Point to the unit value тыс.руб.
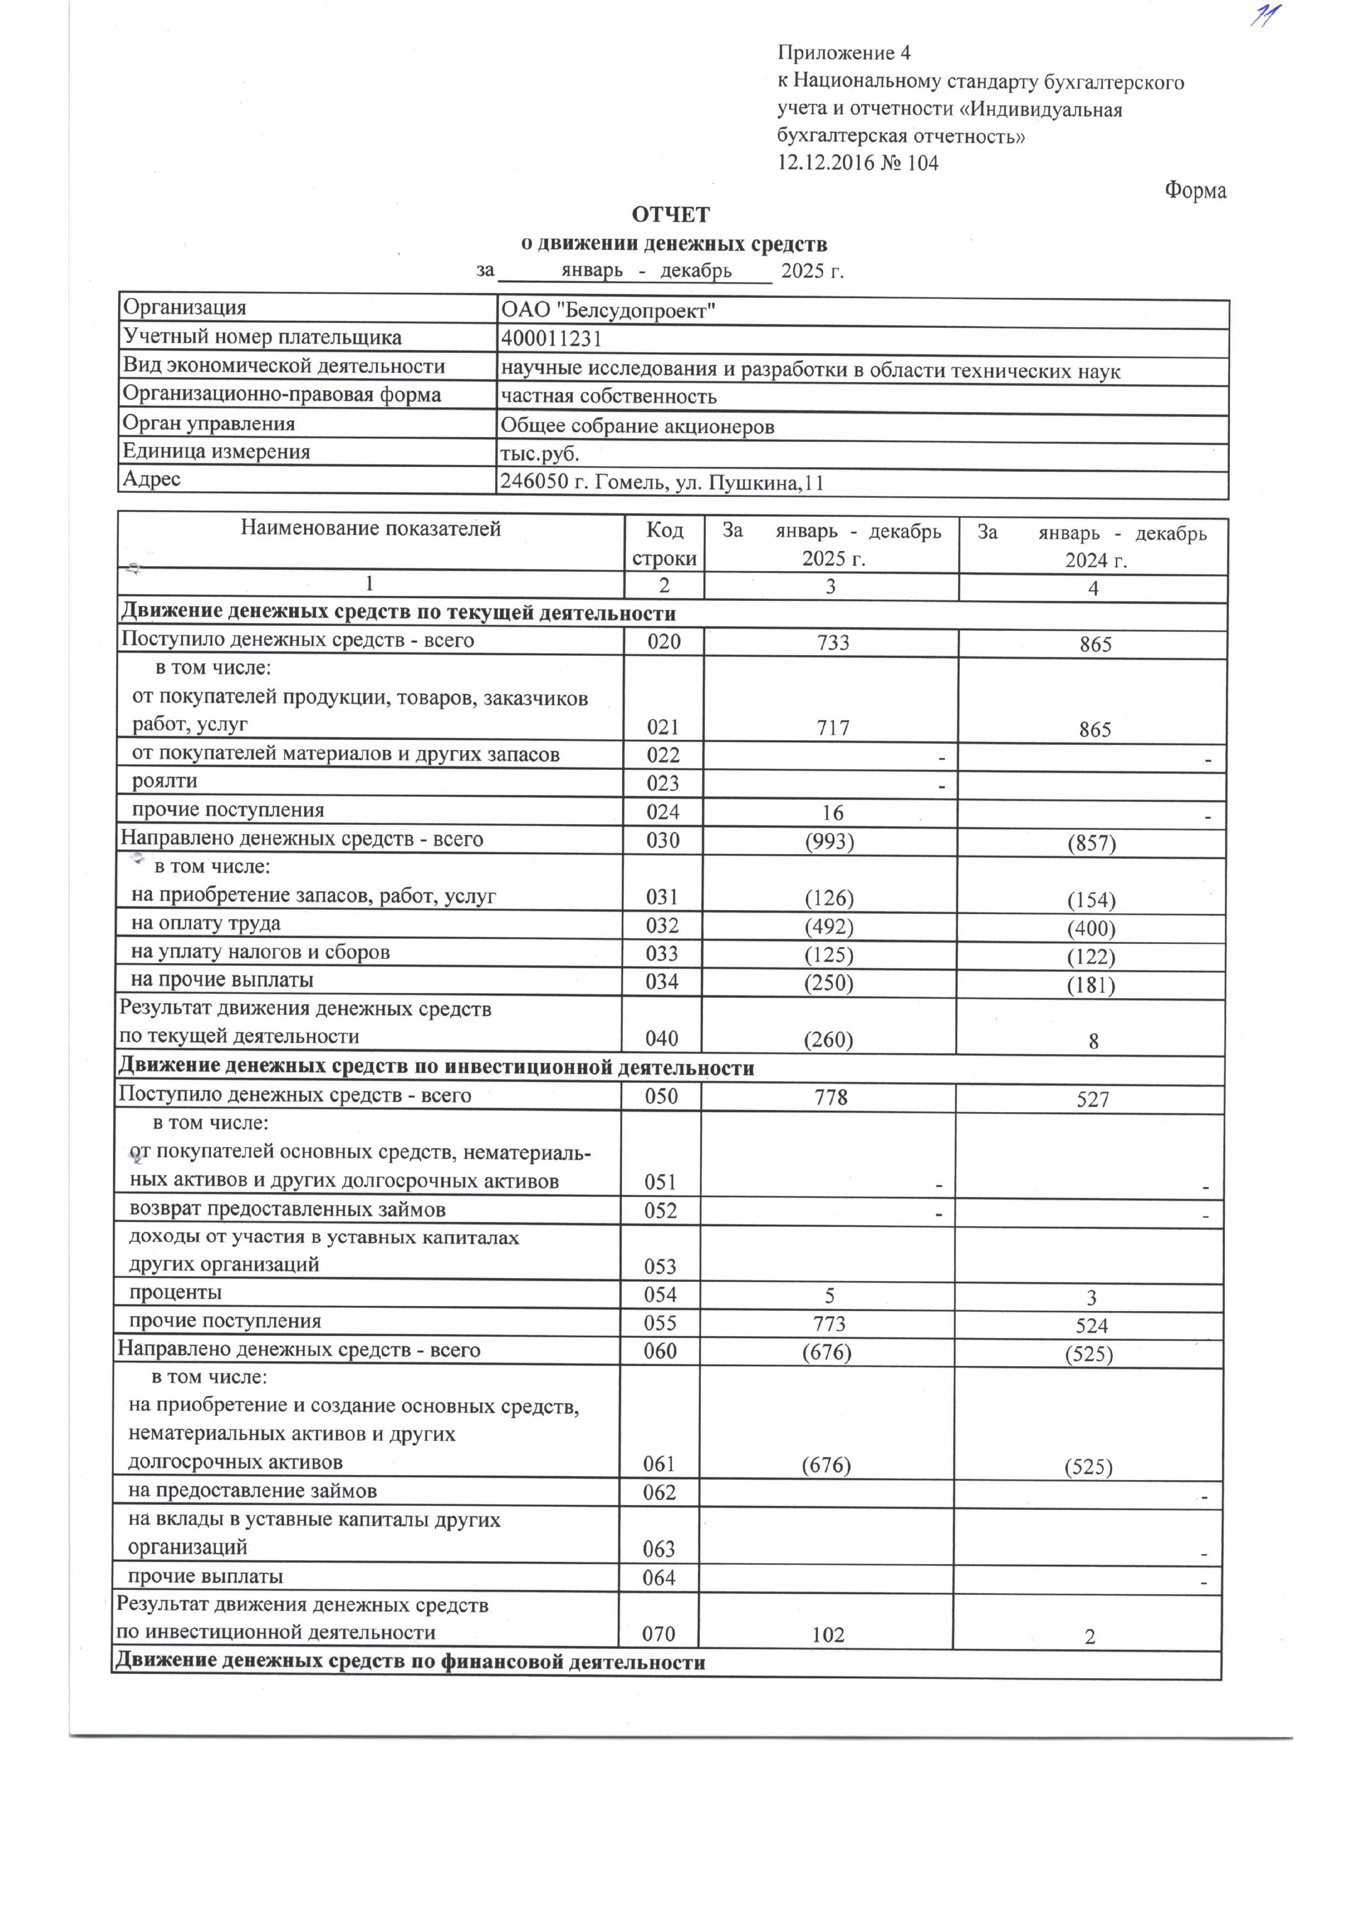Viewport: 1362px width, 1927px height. tap(540, 454)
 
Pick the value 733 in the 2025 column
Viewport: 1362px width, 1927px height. tap(833, 643)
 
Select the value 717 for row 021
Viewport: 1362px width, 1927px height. tap(833, 728)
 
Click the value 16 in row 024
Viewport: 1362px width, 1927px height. tap(833, 812)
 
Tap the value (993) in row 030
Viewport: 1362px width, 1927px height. tap(829, 841)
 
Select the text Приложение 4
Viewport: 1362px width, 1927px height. tap(844, 54)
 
